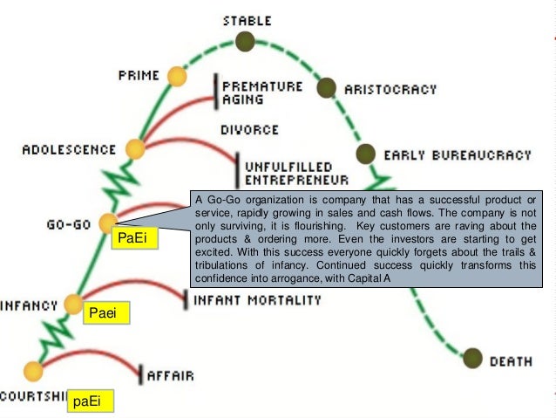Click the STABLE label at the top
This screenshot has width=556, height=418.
point(247,21)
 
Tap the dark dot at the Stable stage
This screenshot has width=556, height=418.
point(245,41)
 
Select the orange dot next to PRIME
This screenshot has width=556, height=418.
point(177,76)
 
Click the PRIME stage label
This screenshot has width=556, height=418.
point(139,76)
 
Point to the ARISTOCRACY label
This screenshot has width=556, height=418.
point(390,89)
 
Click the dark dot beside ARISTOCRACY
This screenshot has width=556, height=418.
point(326,87)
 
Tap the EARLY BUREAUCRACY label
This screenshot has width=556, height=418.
point(458,155)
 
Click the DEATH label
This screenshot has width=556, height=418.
point(512,360)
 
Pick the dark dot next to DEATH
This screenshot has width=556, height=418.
point(472,358)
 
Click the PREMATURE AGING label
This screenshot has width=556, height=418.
point(261,93)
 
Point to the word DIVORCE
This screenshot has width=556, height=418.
point(248,130)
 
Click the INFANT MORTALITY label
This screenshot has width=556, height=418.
point(256,300)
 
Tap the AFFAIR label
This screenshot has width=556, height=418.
point(170,377)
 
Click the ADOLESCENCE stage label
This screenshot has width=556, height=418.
point(70,150)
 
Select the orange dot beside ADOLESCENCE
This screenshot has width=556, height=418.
point(135,149)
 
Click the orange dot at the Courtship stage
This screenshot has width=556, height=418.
point(33,371)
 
